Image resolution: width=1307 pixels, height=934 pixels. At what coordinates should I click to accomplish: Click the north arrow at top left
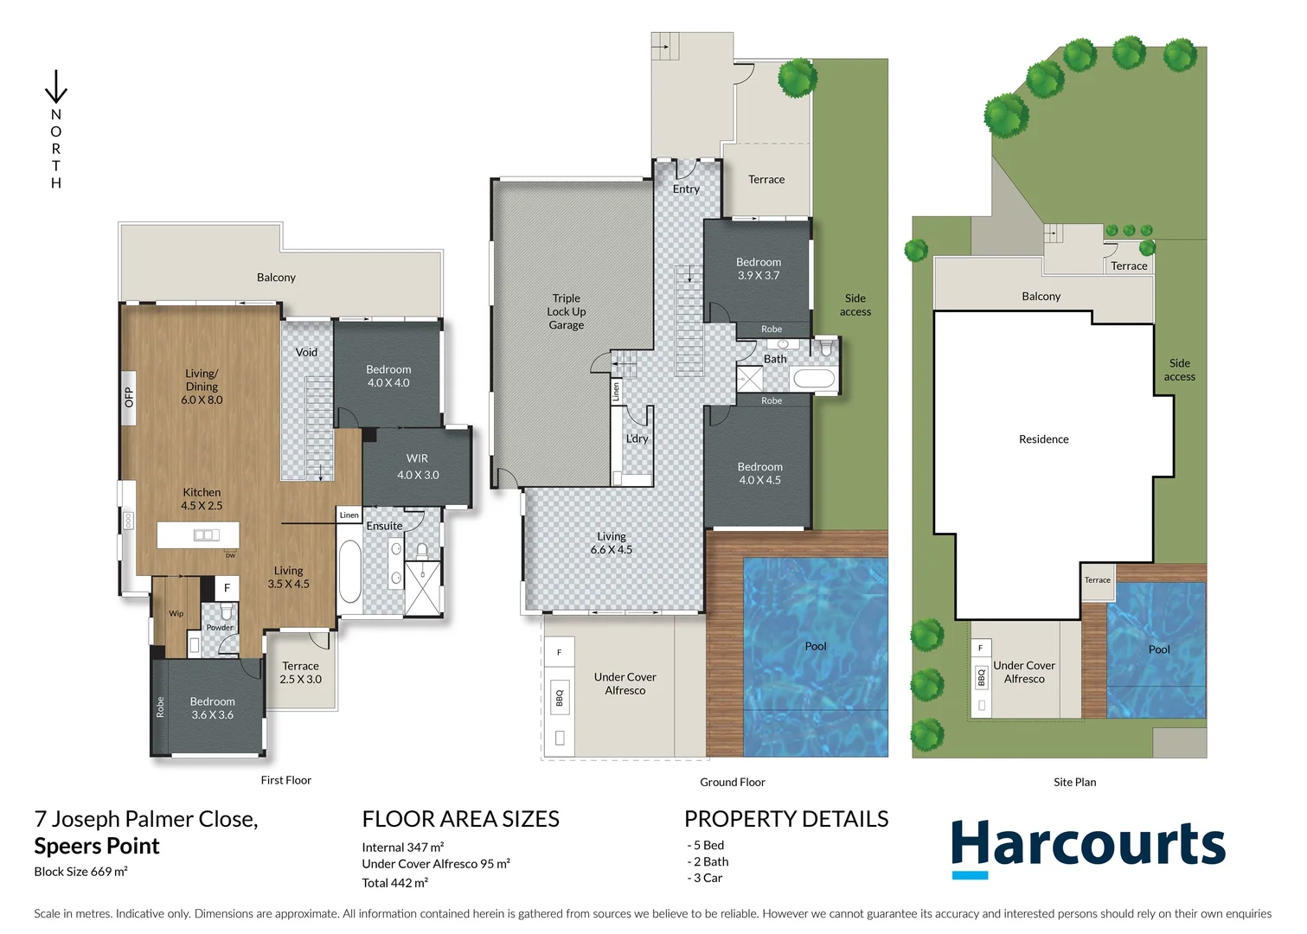point(56,87)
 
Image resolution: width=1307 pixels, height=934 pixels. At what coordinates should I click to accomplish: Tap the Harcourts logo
point(1088,847)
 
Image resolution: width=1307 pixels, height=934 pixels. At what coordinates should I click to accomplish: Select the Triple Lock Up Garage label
point(567,311)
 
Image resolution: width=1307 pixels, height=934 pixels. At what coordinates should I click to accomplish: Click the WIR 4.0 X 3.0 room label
point(418,467)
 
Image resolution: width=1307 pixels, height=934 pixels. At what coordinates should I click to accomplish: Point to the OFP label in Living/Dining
point(129,397)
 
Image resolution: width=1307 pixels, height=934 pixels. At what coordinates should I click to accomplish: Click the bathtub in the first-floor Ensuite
point(349,571)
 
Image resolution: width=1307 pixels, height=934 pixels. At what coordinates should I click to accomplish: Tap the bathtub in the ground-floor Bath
point(813,378)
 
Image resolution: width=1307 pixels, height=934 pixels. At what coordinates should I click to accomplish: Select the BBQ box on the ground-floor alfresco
point(560,697)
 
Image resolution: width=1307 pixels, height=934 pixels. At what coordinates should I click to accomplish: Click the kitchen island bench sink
point(206,534)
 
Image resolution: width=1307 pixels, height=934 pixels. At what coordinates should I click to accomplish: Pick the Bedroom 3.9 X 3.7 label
point(759,269)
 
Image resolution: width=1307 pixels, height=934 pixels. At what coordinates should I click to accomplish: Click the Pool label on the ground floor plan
point(815,646)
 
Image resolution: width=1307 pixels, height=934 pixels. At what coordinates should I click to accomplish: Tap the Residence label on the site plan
point(1043,439)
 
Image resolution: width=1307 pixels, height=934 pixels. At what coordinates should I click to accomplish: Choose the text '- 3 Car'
point(705,878)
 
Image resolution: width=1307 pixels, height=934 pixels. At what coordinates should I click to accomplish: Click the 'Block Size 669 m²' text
point(80,872)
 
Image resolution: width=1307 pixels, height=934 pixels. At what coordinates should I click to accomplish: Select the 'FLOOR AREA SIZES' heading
point(460,819)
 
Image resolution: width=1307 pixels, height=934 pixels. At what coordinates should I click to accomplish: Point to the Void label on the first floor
point(306,352)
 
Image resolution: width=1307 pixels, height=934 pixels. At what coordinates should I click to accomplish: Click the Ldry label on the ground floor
point(637,438)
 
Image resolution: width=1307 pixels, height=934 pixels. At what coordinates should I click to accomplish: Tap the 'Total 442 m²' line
point(394,883)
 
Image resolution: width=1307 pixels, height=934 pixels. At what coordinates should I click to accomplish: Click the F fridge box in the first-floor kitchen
point(227,588)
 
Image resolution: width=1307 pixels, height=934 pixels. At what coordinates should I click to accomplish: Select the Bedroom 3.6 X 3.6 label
point(212,708)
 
